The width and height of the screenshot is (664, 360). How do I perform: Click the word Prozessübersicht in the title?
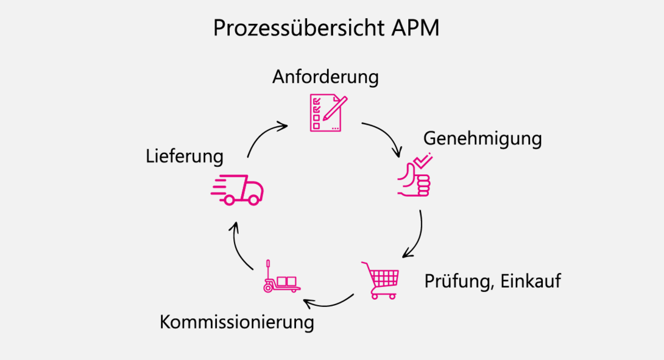298,29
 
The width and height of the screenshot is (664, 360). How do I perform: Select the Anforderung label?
325,77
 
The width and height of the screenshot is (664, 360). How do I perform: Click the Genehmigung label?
482,139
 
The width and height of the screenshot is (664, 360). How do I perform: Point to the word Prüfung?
456,281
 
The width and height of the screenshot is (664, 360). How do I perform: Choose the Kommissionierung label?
237,322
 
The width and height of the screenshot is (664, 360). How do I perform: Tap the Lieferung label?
185,157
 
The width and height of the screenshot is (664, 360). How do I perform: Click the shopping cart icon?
381,280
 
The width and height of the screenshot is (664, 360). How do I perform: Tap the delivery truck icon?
238,189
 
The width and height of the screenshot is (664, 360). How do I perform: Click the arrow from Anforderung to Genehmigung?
385,135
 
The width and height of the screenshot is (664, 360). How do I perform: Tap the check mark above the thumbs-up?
422,160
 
